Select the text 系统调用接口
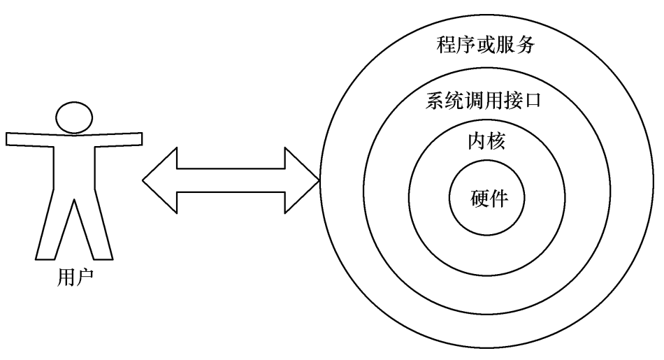(x=484, y=101)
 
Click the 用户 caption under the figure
(x=73, y=278)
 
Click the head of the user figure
(x=74, y=117)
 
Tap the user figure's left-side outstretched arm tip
(x=10, y=138)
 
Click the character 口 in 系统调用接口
(x=533, y=101)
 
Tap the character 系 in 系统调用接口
(x=435, y=101)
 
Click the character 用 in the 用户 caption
(x=64, y=278)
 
